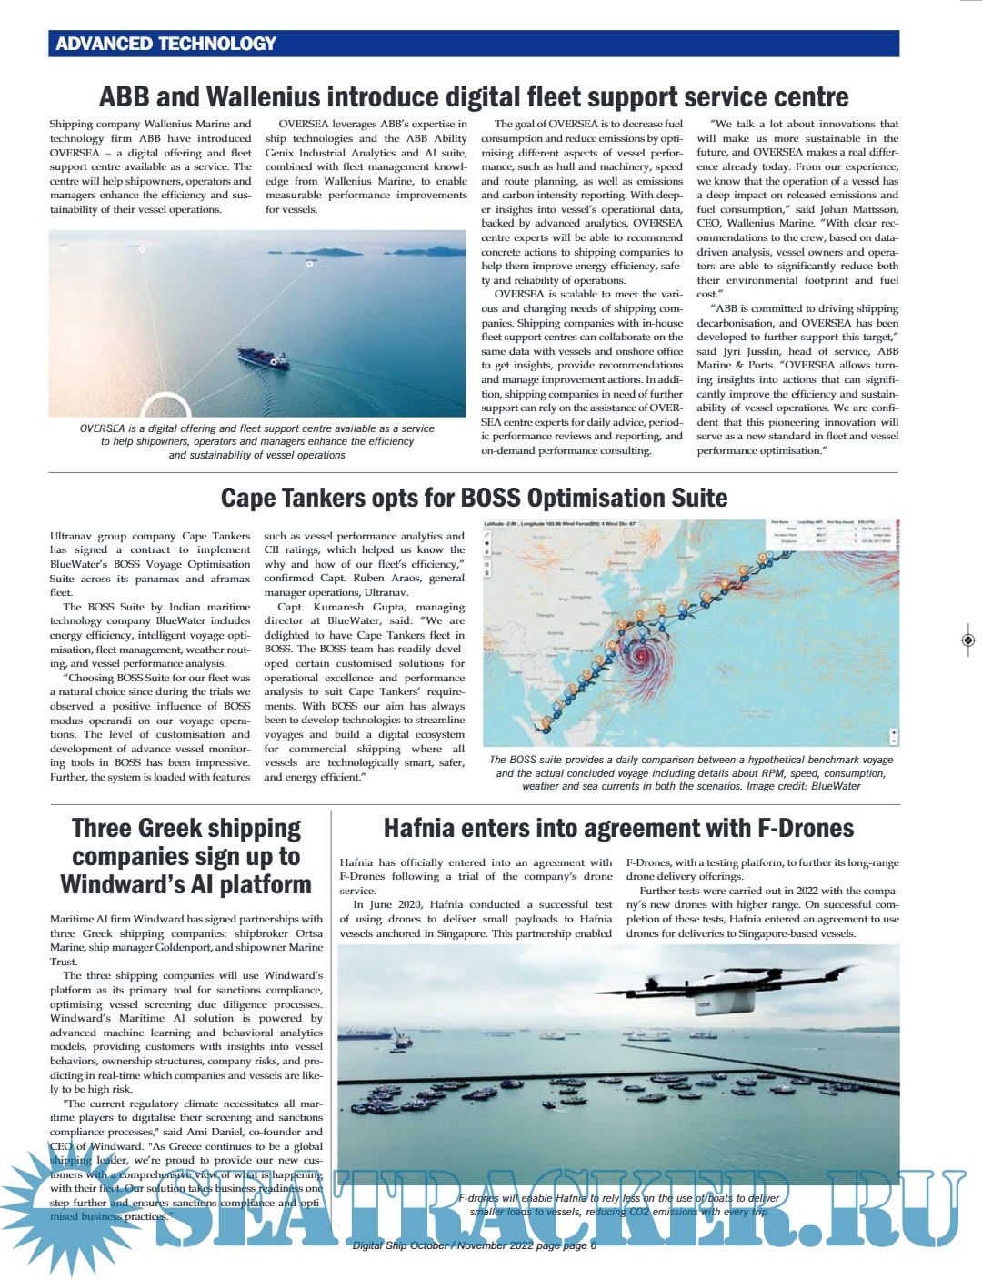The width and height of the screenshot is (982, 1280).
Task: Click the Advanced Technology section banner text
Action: coord(165,44)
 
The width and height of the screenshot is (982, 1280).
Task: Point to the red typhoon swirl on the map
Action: coord(642,655)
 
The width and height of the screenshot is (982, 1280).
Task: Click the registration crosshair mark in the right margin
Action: coord(967,640)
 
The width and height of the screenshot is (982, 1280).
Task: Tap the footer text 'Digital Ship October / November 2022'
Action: coord(442,1245)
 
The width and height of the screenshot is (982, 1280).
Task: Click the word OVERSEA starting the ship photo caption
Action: coord(102,428)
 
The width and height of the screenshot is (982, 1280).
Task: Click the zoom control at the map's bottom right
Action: coord(895,735)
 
